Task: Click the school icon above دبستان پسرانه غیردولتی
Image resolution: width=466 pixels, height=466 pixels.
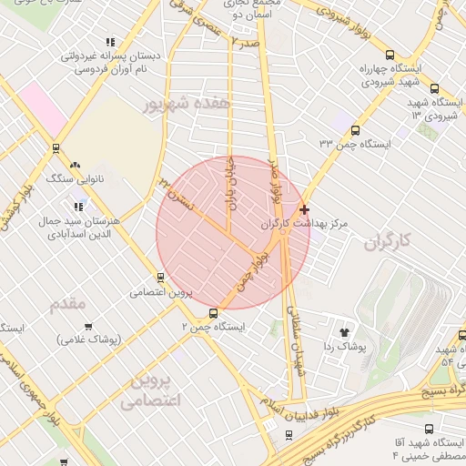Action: tap(112, 42)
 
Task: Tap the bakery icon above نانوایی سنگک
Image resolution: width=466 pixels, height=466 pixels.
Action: tap(76, 165)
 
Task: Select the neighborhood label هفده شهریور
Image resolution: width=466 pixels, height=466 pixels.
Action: tap(182, 105)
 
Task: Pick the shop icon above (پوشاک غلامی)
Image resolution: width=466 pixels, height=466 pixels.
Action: tap(88, 326)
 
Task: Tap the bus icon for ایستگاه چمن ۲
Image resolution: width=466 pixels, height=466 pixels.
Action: tap(214, 313)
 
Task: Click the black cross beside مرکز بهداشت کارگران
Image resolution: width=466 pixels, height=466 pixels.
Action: tap(304, 209)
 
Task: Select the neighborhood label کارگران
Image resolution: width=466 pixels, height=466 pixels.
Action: tap(388, 241)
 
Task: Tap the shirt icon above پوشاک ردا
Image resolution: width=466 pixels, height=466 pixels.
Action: tap(344, 332)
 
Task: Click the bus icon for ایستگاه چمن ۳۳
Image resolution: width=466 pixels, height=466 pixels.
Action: tap(355, 130)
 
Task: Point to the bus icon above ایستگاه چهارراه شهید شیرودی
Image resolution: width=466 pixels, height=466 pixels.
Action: tap(390, 54)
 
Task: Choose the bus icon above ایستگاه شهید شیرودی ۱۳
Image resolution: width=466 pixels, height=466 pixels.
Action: tap(434, 88)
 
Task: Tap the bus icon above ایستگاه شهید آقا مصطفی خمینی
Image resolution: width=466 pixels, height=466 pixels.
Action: tap(429, 428)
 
